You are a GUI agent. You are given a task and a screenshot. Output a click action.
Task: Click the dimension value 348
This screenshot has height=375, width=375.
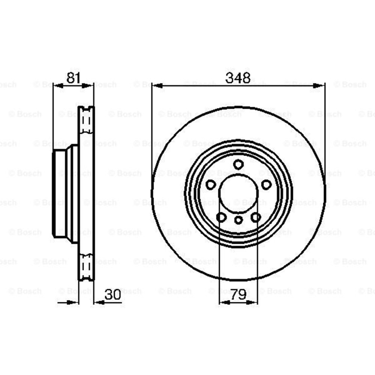[238, 78]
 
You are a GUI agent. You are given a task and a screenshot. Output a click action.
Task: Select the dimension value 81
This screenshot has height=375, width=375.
[73, 78]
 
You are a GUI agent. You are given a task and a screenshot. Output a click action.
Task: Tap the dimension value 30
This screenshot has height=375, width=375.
[113, 295]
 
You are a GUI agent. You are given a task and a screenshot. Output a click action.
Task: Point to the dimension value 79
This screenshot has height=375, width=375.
[238, 295]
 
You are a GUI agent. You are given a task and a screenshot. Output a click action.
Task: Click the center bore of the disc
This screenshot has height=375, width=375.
[238, 193]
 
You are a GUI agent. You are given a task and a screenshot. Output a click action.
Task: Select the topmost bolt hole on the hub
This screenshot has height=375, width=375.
[238, 164]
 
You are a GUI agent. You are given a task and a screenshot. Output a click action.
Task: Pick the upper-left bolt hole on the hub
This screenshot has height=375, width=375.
[211, 184]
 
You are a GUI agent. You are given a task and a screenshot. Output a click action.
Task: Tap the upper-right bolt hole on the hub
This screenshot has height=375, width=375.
[266, 184]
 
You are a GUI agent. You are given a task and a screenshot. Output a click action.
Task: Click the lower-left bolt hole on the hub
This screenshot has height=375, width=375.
[221, 217]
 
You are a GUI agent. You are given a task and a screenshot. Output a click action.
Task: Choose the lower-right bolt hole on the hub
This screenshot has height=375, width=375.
[256, 217]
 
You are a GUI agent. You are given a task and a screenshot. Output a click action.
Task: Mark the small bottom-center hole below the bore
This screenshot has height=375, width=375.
[238, 220]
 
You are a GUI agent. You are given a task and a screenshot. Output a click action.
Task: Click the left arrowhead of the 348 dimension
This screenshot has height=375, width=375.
[157, 85]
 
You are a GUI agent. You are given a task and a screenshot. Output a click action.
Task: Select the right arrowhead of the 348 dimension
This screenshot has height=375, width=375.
[320, 85]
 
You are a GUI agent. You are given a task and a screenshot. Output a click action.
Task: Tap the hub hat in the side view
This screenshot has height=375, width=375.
[62, 193]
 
